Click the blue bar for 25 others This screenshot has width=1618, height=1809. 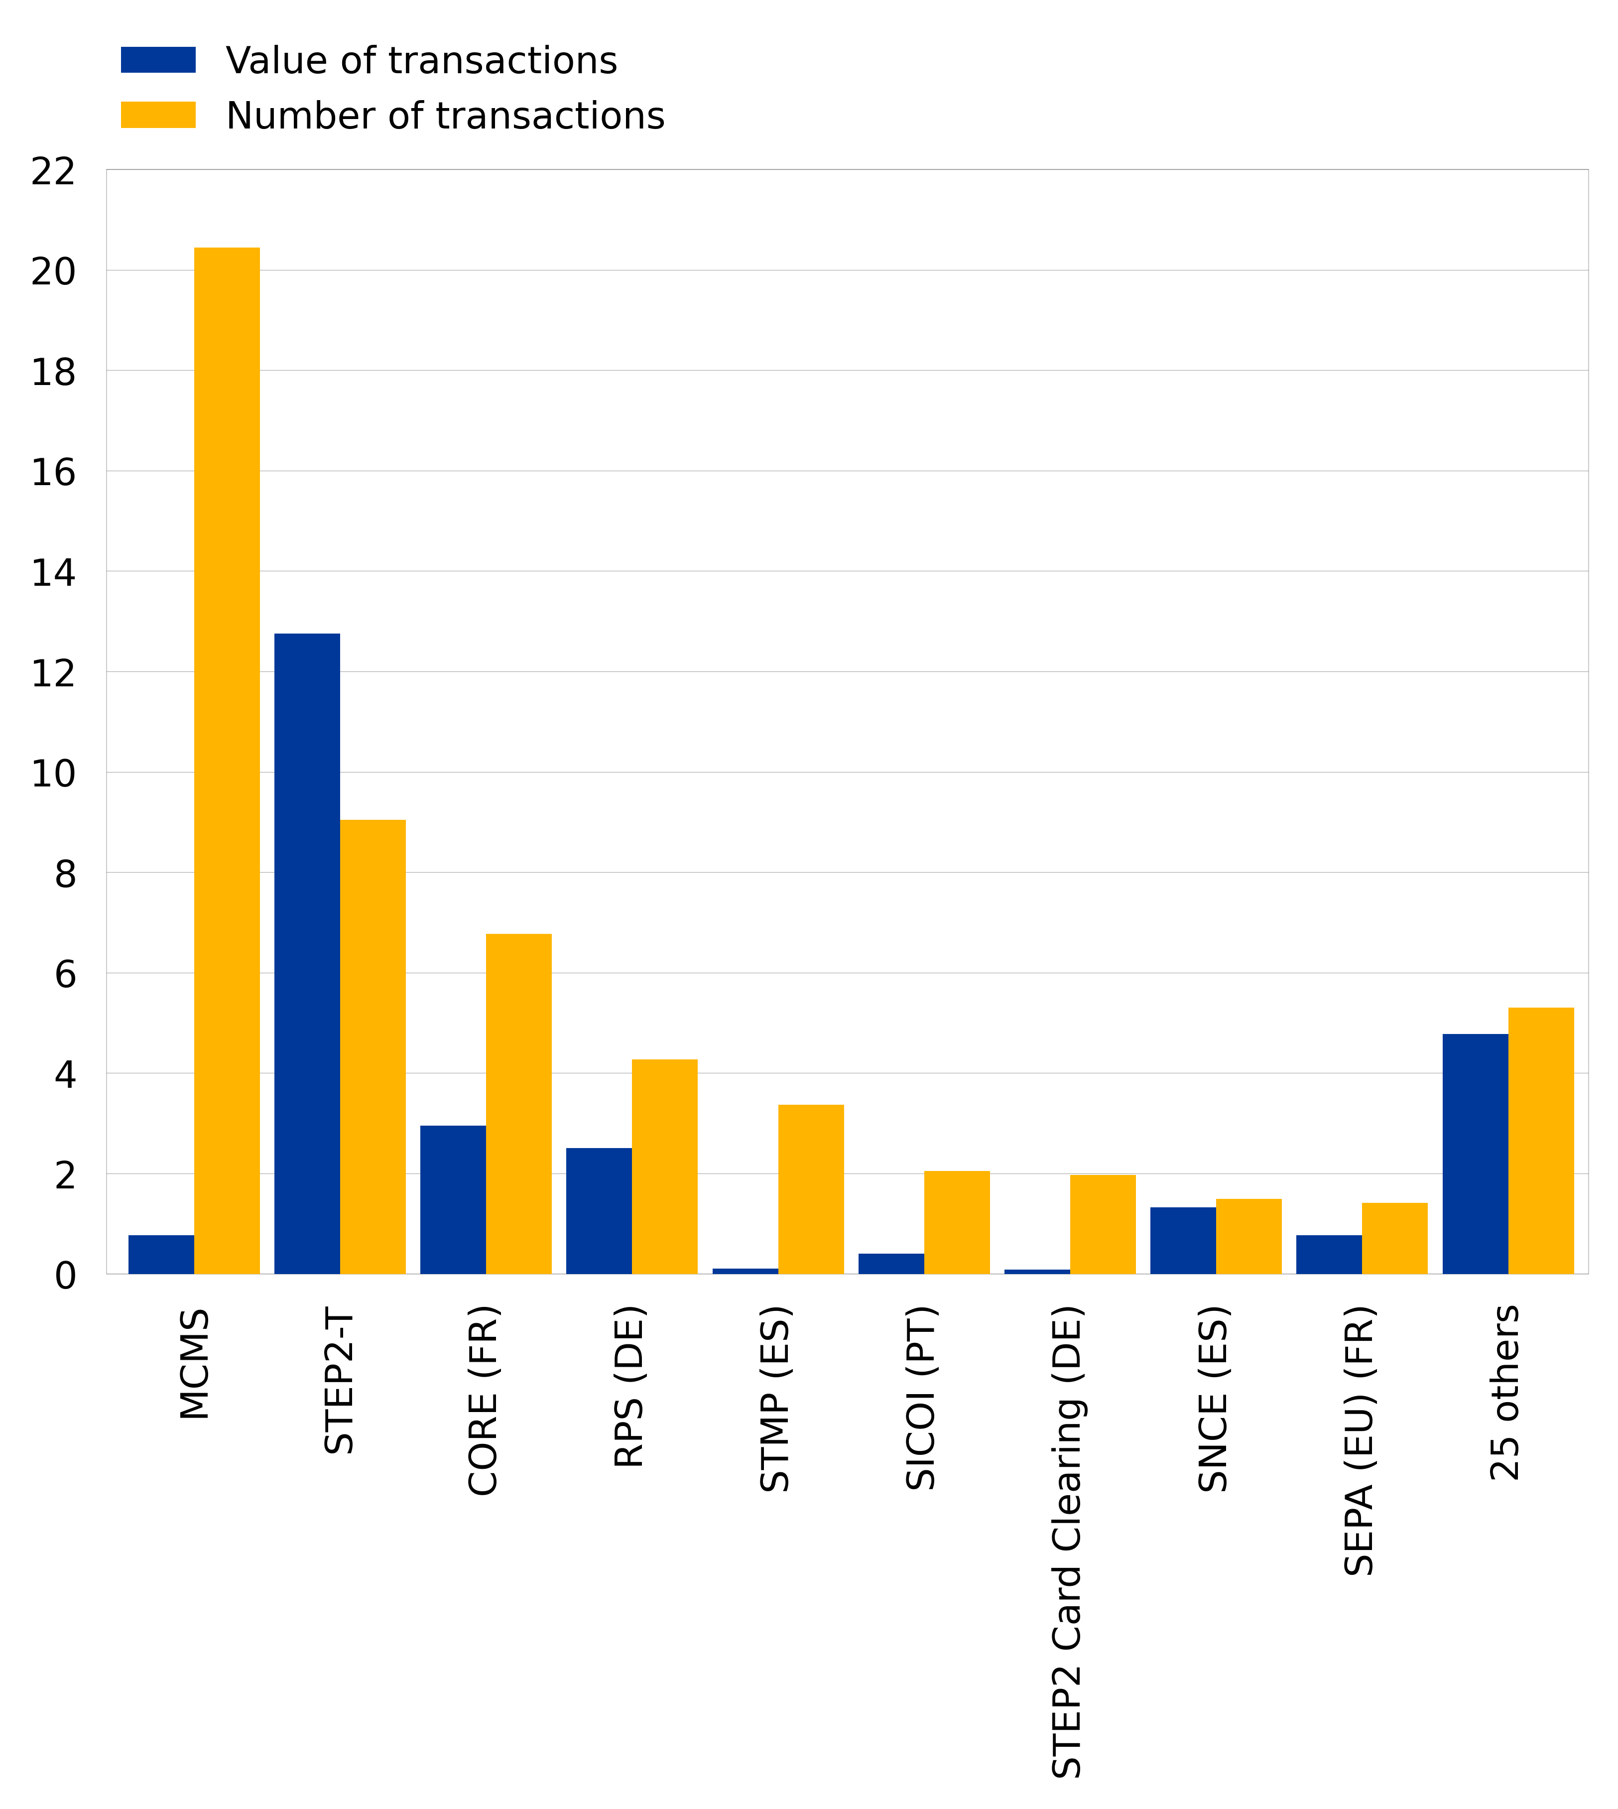1475,1154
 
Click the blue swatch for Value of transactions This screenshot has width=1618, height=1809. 158,60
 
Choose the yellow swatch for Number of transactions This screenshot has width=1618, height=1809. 158,115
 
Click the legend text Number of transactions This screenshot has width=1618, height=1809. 445,116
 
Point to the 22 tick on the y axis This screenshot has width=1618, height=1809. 53,171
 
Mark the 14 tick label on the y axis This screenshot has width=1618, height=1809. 53,572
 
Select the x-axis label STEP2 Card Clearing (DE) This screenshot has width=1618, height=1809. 1067,1543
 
